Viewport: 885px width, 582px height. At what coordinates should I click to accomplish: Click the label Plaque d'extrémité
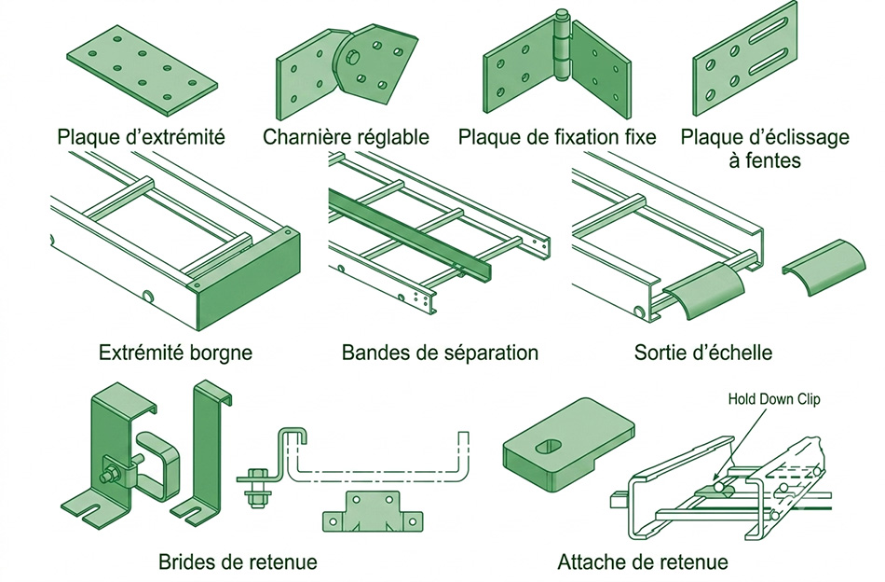click(x=141, y=137)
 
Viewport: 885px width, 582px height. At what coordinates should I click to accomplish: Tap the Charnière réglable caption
click(x=346, y=137)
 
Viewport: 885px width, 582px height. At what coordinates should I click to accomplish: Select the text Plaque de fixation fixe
click(x=557, y=137)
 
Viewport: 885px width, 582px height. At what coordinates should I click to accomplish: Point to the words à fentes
click(x=765, y=160)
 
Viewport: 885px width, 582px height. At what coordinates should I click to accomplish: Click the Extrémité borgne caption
click(x=175, y=353)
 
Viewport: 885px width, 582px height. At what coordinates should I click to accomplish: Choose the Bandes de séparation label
click(x=441, y=353)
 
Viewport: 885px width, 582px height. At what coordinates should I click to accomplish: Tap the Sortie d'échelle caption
click(x=703, y=353)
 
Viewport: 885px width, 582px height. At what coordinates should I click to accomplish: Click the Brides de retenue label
click(x=238, y=561)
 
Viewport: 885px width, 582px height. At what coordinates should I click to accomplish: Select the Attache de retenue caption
click(x=643, y=561)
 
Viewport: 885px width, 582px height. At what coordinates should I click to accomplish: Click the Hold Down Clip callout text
click(x=774, y=399)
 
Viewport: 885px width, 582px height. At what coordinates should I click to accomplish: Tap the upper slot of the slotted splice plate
click(x=769, y=31)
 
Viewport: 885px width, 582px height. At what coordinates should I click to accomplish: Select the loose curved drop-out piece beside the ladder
click(x=824, y=266)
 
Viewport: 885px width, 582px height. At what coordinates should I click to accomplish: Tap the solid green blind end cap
click(x=247, y=281)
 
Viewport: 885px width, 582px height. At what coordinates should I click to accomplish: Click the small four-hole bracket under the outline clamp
click(x=373, y=511)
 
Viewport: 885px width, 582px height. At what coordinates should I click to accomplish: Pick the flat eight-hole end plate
click(x=142, y=70)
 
